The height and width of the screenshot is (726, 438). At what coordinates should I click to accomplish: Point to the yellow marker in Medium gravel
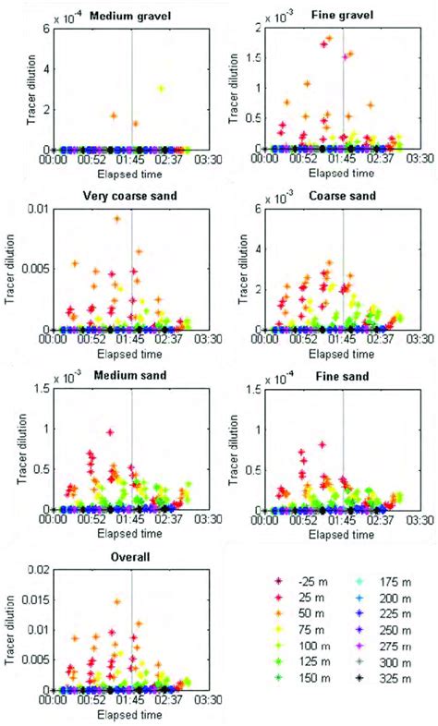point(161,89)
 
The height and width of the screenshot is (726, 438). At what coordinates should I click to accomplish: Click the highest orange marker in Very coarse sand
point(117,219)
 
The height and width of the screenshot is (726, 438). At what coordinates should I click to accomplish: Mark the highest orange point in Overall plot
point(117,601)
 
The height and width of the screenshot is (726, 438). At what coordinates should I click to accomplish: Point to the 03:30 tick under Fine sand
point(408,522)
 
